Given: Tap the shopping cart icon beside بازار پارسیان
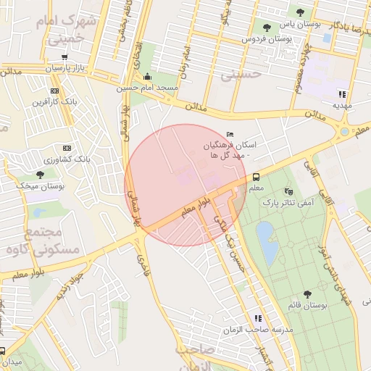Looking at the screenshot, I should (64, 57).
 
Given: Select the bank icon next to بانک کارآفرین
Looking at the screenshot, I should (54, 91).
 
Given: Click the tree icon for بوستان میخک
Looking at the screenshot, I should (40, 175).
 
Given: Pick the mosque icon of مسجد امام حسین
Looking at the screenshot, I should (148, 77).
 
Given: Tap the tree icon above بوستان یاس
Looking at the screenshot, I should (300, 12).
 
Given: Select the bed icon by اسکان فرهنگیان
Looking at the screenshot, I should (230, 134).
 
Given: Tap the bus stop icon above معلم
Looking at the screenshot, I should (256, 177).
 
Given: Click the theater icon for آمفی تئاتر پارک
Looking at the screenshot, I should (289, 192).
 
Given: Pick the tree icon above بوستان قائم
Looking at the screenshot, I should (307, 294).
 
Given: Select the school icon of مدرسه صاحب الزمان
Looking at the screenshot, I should (258, 318).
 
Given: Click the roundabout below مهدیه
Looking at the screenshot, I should (345, 132).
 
